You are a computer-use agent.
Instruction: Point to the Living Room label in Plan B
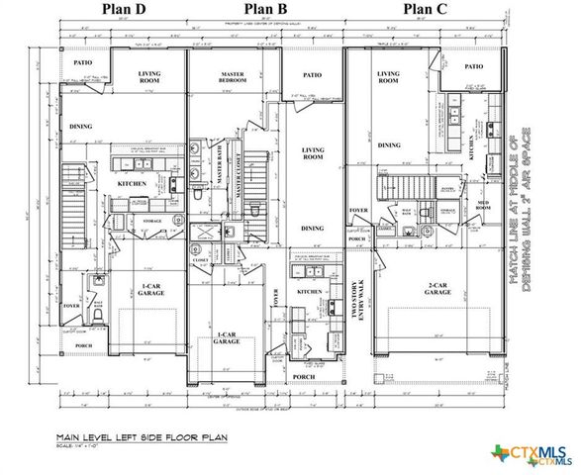pos(313,153)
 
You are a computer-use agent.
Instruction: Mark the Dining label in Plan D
pos(81,128)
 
